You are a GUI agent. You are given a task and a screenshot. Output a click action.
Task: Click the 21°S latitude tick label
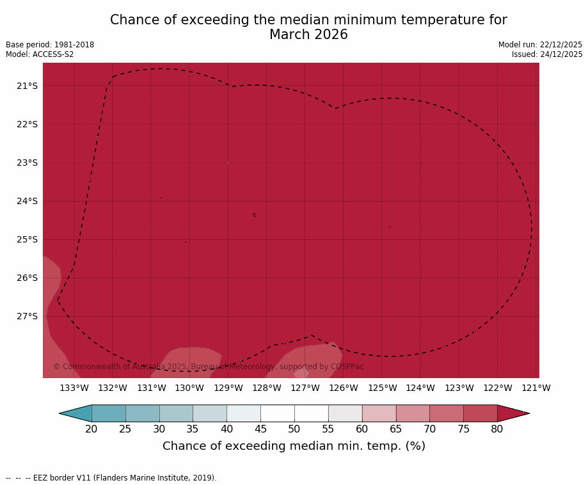[x=27, y=86]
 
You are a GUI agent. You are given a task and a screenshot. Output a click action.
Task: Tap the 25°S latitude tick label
[x=27, y=239]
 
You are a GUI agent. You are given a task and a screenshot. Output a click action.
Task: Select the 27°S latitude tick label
[x=27, y=316]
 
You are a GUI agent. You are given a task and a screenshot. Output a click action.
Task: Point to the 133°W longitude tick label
[x=74, y=388]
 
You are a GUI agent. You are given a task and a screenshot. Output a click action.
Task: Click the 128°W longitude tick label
[x=267, y=388]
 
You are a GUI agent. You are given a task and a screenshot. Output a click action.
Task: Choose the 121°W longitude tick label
[x=536, y=388]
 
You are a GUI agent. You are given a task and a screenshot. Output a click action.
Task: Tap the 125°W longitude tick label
[x=382, y=388]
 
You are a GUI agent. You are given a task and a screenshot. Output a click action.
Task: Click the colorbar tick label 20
[x=91, y=429]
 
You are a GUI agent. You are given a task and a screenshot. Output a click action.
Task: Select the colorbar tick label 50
[x=294, y=429]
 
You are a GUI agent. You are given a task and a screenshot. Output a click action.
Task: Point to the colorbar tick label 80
[x=497, y=429]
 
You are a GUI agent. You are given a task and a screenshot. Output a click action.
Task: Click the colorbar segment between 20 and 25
[x=109, y=413]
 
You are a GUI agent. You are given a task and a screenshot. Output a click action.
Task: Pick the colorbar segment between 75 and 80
[x=481, y=413]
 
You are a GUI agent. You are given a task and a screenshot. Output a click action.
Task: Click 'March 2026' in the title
[x=308, y=35]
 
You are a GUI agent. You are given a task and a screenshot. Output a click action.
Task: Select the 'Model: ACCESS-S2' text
[x=40, y=54]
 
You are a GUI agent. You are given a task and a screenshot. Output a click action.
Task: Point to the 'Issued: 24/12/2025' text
[x=547, y=54]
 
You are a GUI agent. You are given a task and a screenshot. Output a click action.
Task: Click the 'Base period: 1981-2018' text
[x=50, y=45]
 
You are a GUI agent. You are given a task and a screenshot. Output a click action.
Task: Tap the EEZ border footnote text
[x=111, y=478]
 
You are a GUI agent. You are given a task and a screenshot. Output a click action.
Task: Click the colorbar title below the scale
[x=294, y=446]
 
